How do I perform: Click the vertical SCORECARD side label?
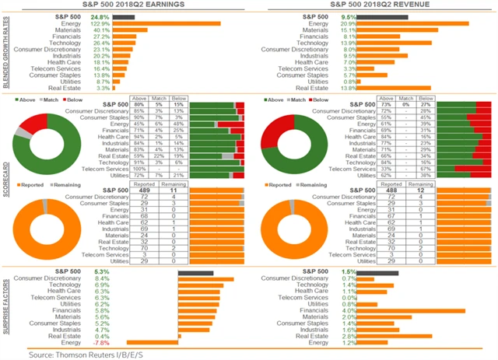[x=6, y=178]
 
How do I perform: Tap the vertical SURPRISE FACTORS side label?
[x=6, y=307]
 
